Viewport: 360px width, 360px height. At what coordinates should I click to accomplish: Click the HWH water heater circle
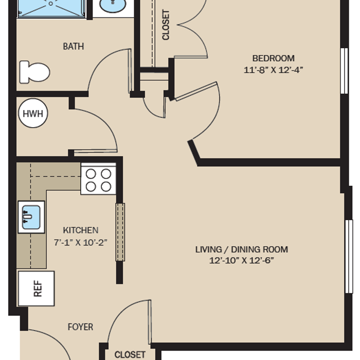33,113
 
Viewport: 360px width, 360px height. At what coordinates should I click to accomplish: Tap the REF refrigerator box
37,289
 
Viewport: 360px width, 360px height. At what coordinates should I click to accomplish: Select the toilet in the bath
34,72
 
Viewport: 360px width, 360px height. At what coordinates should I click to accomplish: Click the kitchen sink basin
31,217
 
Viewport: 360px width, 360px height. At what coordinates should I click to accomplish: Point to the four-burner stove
98,179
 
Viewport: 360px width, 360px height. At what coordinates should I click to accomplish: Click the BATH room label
74,46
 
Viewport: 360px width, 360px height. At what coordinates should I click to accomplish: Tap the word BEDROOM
274,58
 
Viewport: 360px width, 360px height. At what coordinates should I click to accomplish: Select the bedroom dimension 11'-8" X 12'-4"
274,70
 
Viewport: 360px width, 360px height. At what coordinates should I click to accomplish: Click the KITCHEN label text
81,230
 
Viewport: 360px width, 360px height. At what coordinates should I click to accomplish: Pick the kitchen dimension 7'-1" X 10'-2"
81,242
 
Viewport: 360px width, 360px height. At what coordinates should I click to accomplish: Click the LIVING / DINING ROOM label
242,249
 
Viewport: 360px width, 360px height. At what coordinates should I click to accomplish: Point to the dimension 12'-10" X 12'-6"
242,261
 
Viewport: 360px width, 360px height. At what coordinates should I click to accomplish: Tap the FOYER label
81,327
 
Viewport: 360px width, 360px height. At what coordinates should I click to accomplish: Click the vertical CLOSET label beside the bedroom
166,25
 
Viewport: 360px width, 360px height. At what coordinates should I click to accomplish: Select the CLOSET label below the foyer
130,355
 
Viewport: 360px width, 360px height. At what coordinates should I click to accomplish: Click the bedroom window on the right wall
344,71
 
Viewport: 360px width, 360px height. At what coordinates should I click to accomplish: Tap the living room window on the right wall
349,257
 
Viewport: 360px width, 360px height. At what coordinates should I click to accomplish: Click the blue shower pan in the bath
51,8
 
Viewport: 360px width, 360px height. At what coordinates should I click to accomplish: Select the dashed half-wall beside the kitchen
120,232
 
